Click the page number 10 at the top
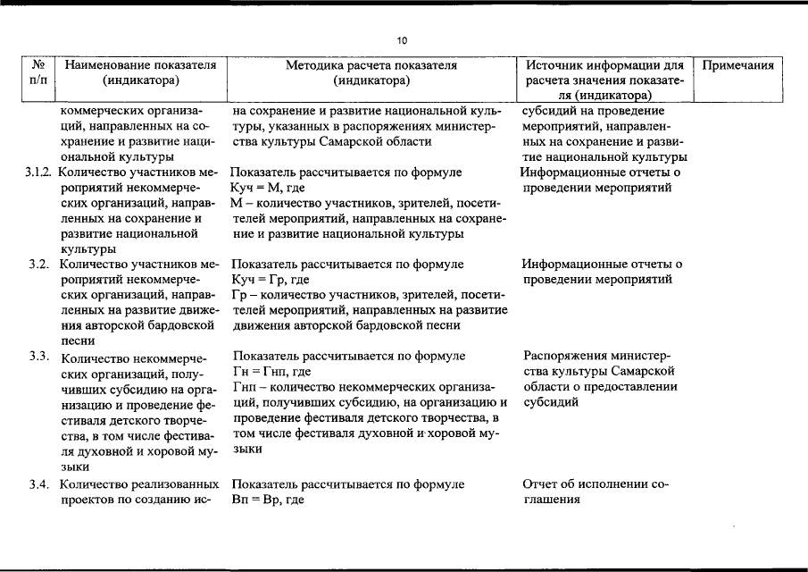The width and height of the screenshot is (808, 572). click(403, 40)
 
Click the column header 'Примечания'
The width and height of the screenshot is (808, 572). click(737, 66)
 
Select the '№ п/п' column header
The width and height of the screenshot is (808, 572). click(38, 72)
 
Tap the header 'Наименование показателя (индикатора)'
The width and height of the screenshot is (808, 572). click(140, 72)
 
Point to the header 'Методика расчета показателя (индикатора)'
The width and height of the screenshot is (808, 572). click(371, 72)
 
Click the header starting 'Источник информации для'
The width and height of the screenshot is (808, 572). click(604, 66)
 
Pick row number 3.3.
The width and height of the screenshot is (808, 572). click(37, 357)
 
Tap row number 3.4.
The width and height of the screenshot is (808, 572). click(37, 484)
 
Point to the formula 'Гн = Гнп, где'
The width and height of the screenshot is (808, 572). click(272, 371)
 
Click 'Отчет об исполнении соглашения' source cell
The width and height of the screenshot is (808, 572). click(594, 492)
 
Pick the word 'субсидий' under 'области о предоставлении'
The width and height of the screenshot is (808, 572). click(551, 402)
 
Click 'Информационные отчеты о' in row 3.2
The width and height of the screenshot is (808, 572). click(601, 265)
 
